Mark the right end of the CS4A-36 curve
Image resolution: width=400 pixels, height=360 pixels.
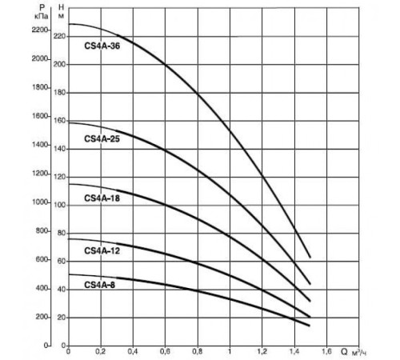click(310, 257)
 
